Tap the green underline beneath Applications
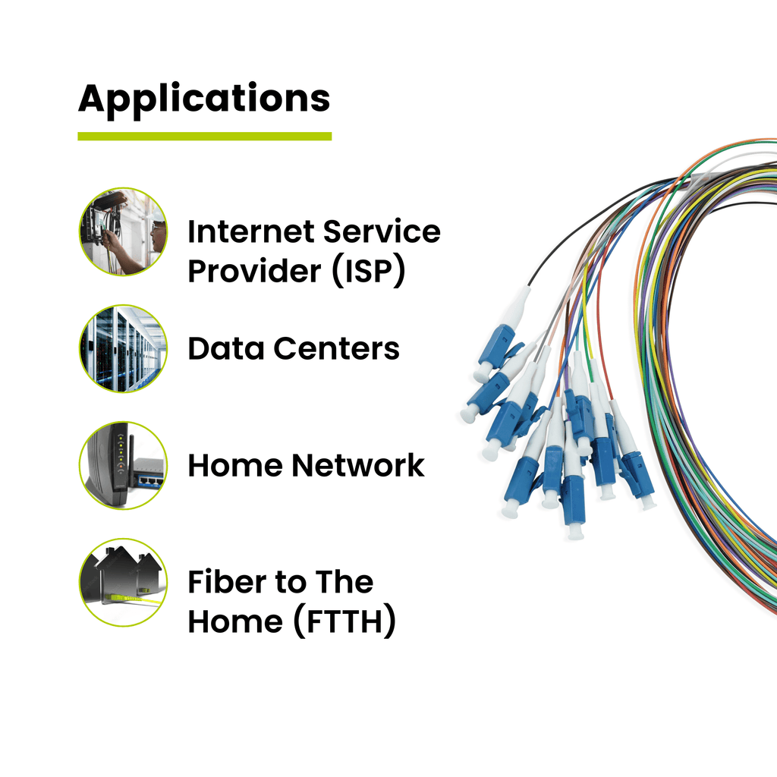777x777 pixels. [x=204, y=137]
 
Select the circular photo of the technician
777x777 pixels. [x=123, y=231]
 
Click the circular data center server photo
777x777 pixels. [x=123, y=348]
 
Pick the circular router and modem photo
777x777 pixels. [x=123, y=465]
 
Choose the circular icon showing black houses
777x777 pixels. [x=123, y=582]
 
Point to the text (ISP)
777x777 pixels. [x=369, y=271]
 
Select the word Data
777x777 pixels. [x=225, y=348]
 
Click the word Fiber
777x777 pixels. [x=225, y=582]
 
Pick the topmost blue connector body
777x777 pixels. [x=495, y=344]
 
